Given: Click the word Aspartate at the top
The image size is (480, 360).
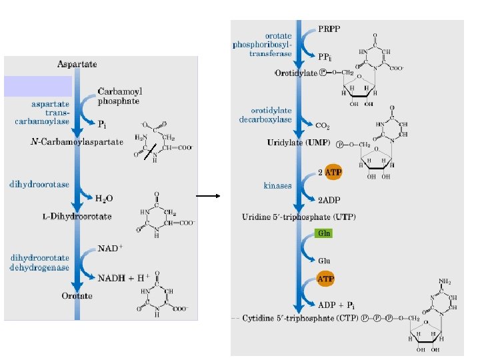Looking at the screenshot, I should [77, 64].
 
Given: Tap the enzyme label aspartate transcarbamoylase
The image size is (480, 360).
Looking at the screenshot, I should [50, 113].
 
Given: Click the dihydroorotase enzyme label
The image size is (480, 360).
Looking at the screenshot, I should [39, 184].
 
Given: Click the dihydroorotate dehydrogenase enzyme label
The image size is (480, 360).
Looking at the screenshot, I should [40, 261].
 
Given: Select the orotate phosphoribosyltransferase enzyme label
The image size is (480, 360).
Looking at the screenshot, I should [261, 45].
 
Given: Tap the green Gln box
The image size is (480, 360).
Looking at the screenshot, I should [323, 233].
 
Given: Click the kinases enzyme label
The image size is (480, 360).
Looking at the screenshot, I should [277, 185].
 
